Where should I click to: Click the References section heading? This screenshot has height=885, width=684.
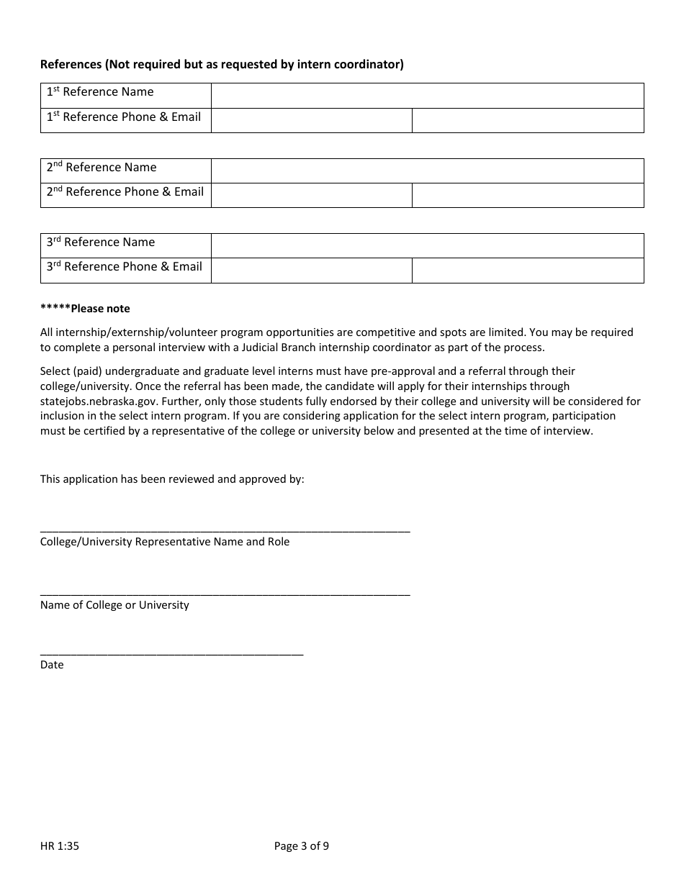tap(222, 65)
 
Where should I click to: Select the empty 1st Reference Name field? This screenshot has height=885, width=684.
tap(427, 96)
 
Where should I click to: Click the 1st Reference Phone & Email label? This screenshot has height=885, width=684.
tap(125, 117)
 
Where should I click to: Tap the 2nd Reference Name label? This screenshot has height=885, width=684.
tap(102, 168)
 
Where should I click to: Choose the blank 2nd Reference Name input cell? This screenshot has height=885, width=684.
tap(427, 171)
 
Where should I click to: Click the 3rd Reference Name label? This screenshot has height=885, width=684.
tap(101, 242)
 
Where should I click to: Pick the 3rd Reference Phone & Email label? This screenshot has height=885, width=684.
tap(125, 267)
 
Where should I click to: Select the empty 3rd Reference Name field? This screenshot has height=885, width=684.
tap(427, 245)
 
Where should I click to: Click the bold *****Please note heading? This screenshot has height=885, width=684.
tap(85, 309)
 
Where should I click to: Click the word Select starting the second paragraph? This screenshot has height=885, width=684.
tap(56, 371)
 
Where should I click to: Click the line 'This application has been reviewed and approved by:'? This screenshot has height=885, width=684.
tap(172, 479)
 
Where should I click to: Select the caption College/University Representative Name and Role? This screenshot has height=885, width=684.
tap(165, 542)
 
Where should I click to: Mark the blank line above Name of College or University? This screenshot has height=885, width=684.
tap(225, 594)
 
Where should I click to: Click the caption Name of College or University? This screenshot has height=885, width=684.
tap(114, 605)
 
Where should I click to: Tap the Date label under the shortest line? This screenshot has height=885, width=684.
tap(52, 665)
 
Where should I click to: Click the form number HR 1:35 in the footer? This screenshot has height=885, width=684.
tap(60, 846)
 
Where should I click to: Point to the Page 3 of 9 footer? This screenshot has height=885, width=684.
tap(302, 846)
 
